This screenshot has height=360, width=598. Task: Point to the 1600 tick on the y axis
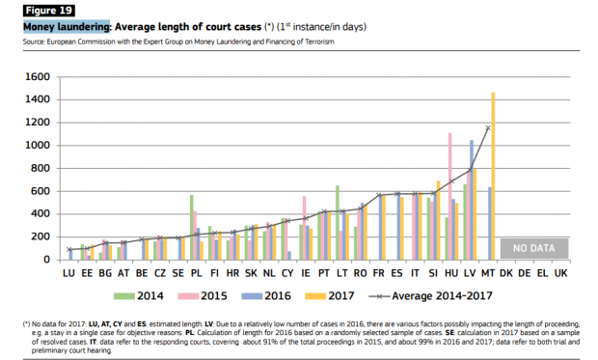[38, 76]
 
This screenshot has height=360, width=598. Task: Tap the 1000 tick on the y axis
[38, 145]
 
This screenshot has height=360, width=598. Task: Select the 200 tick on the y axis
[41, 236]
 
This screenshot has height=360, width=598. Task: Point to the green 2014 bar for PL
[192, 227]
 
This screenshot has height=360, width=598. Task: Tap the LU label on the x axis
[68, 274]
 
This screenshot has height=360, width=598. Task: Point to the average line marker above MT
[488, 127]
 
